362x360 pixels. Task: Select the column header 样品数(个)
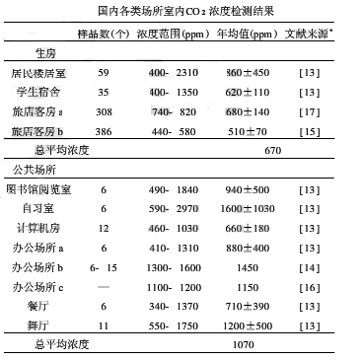[x=105, y=35]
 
